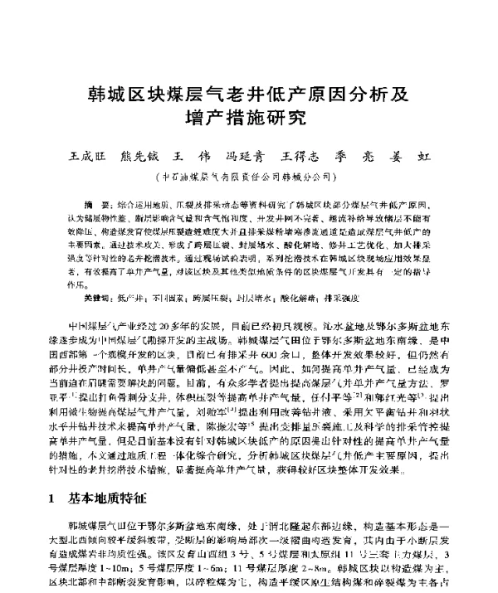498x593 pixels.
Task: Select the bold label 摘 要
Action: (98, 203)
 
